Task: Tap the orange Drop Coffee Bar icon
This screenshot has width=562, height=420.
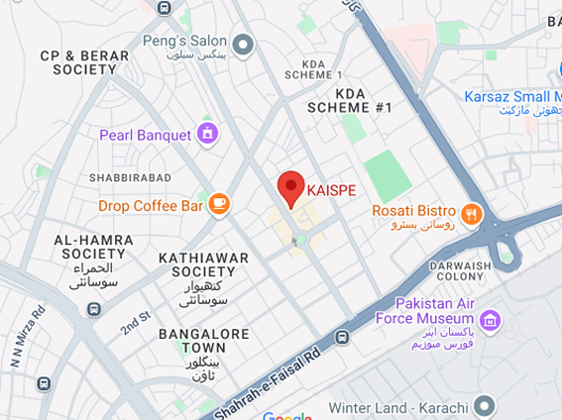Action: click(219, 205)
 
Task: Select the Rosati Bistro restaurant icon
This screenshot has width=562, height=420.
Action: click(471, 211)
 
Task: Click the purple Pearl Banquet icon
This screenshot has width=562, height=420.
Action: click(207, 134)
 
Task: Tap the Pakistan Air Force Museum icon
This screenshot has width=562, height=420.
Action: click(489, 319)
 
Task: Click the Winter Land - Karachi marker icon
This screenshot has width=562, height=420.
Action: click(484, 405)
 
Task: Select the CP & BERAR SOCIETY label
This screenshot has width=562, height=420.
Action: click(84, 63)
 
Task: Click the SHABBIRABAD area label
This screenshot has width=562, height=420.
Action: click(130, 177)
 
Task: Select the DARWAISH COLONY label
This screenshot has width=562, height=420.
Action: click(461, 272)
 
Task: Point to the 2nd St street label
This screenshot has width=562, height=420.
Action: click(135, 322)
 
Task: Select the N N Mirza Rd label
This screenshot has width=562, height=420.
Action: click(26, 335)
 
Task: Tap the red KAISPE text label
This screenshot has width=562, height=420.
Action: click(331, 189)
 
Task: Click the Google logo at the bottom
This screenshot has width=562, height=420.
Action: click(286, 416)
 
